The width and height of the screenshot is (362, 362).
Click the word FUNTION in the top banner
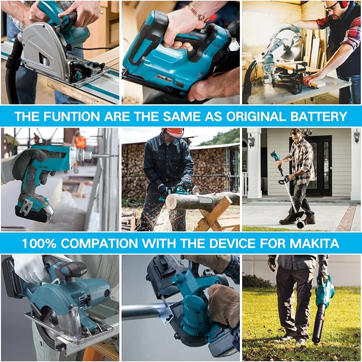click(x=71, y=116)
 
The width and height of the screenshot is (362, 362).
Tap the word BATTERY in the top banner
click(x=319, y=116)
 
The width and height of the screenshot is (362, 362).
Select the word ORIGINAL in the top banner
click(x=256, y=116)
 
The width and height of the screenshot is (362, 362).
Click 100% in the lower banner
click(x=39, y=243)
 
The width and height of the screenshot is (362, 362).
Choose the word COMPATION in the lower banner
click(x=99, y=243)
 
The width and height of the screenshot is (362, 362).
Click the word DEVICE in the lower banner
click(x=232, y=243)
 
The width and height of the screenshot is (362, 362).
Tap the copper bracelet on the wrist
click(x=198, y=12)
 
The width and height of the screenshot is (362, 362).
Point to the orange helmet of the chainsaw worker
click(x=174, y=132)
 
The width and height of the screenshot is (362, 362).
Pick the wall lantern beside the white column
click(x=251, y=140)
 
